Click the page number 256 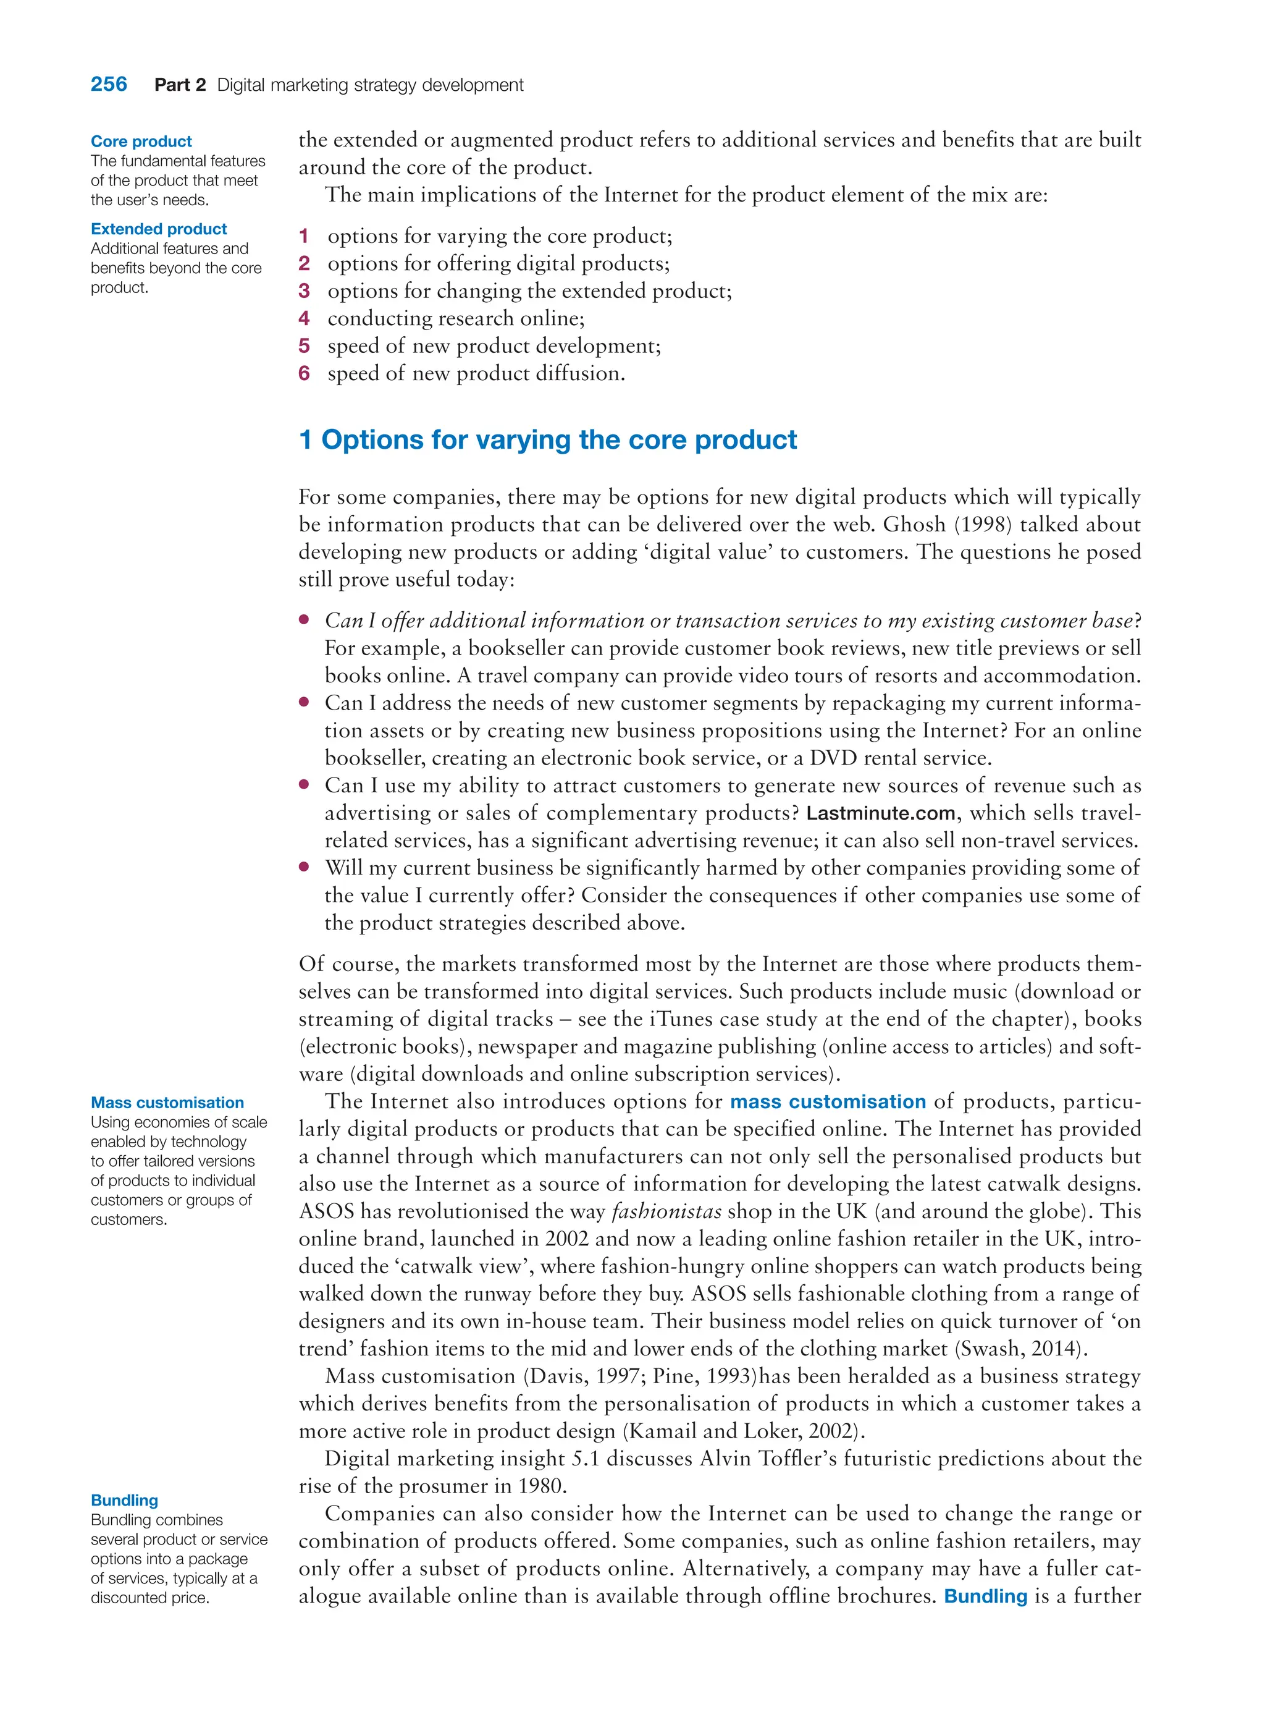click(x=109, y=84)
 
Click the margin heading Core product click(x=141, y=141)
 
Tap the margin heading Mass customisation click(x=167, y=1103)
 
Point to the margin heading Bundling click(x=124, y=1500)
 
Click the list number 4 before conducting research click(x=304, y=318)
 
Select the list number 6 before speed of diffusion click(x=304, y=373)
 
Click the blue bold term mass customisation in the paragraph click(x=828, y=1102)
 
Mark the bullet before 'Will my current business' click(x=304, y=867)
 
